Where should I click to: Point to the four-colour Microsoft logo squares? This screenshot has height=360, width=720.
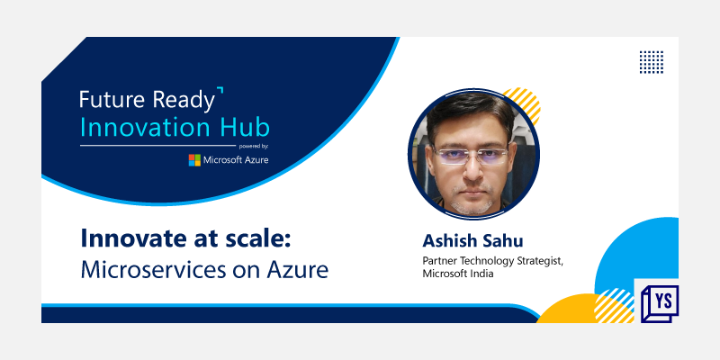tap(194, 160)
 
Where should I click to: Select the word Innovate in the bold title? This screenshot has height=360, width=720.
tap(129, 239)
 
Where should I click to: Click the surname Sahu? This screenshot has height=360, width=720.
tap(507, 241)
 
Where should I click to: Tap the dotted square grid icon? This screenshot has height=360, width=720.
tap(651, 61)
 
